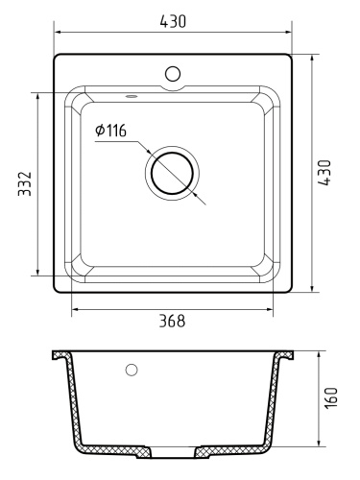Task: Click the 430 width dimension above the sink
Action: click(173, 20)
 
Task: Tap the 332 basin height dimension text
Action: click(25, 183)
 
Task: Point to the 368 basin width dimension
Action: click(171, 322)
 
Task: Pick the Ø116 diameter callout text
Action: click(110, 131)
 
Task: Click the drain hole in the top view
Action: click(172, 173)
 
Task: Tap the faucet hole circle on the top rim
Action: click(174, 73)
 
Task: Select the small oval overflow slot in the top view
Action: click(131, 96)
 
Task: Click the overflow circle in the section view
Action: click(132, 370)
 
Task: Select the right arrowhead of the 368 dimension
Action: click(271, 309)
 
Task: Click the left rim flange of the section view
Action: click(60, 355)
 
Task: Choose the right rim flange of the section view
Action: click(287, 355)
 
